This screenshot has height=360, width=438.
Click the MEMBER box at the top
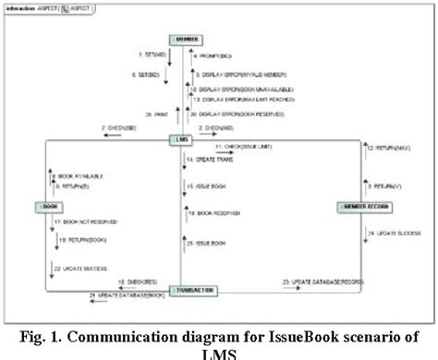(x=185, y=40)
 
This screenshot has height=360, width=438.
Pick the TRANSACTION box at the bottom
(x=192, y=290)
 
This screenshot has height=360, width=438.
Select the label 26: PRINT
(x=140, y=114)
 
